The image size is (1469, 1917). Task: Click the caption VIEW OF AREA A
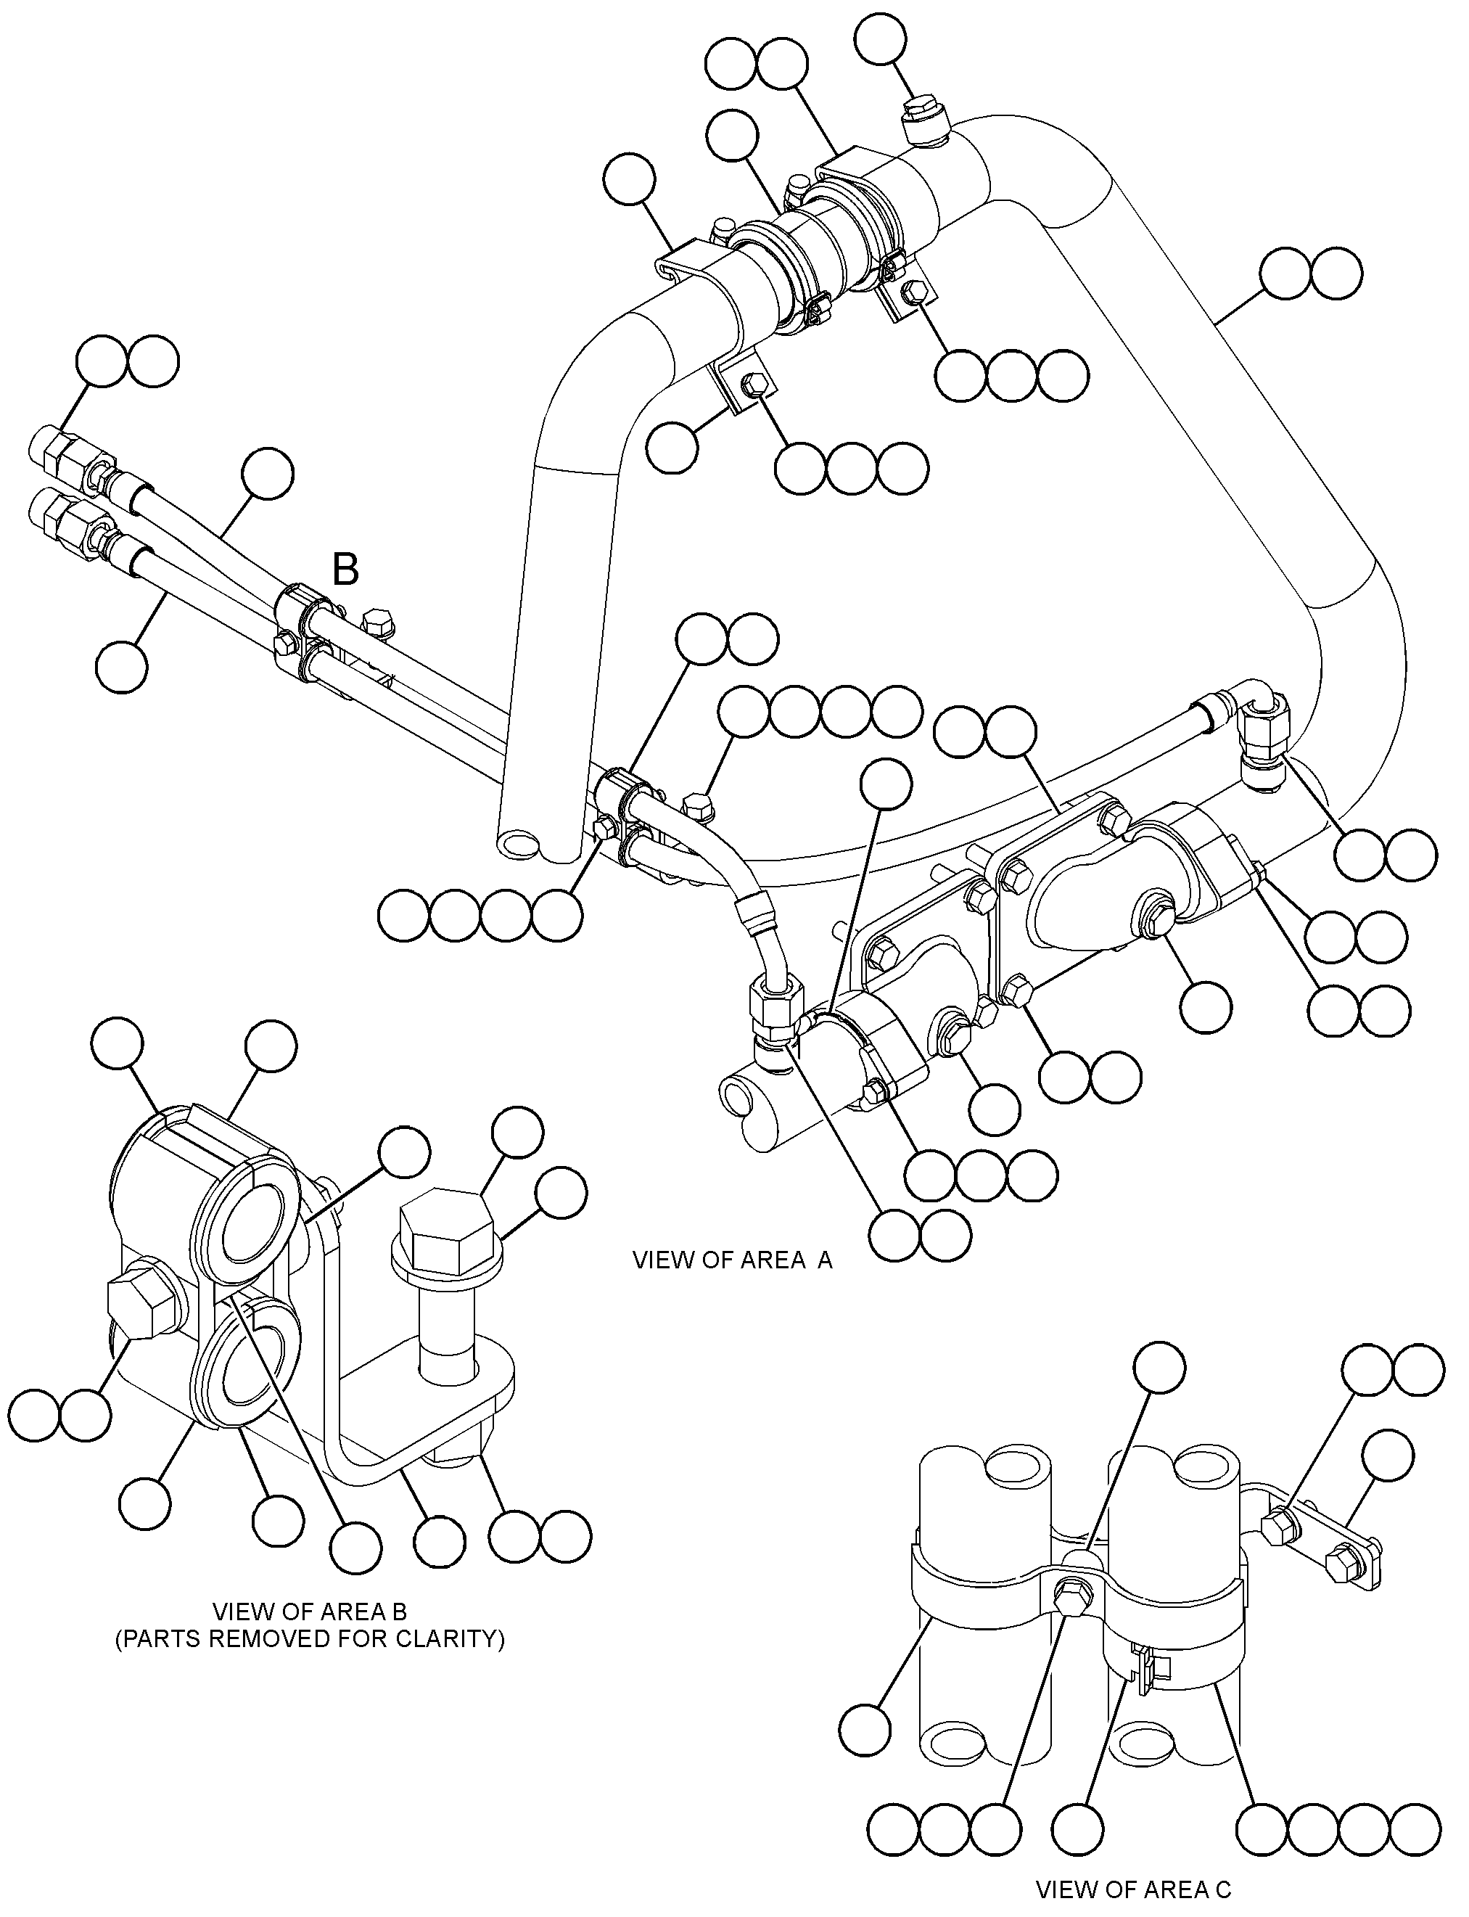(733, 1260)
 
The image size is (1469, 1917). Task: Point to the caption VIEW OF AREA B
(310, 1611)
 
